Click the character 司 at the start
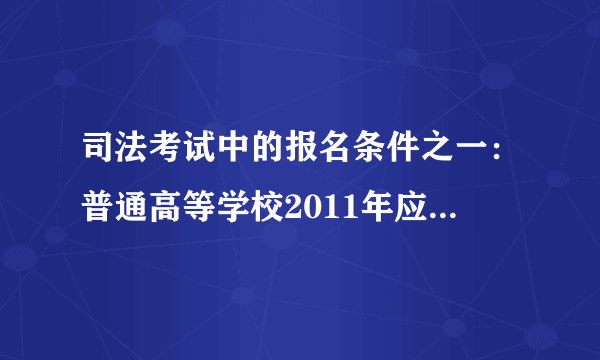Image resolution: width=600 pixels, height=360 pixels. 99,159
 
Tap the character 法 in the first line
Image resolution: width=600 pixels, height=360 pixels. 131,159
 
